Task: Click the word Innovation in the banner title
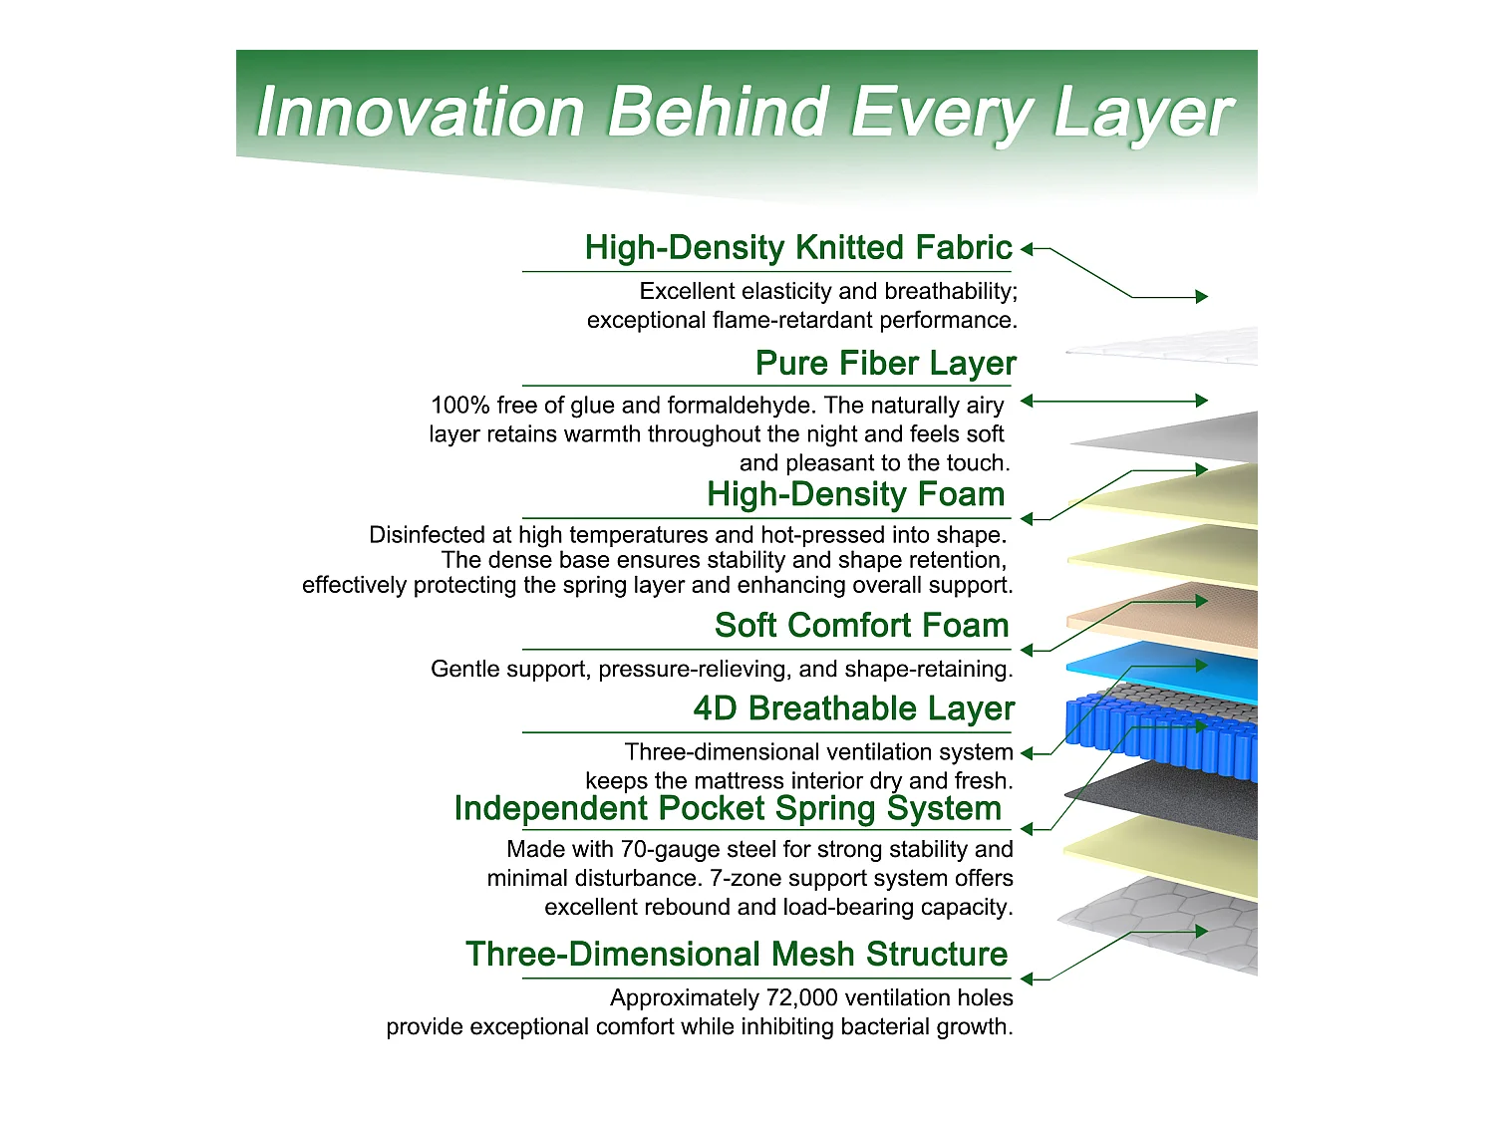click(420, 112)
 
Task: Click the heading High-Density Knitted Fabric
click(798, 247)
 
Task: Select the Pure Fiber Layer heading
click(885, 363)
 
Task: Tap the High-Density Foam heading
click(855, 494)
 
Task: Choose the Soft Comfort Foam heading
click(861, 625)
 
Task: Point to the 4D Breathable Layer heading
click(854, 708)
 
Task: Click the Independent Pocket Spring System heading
click(729, 808)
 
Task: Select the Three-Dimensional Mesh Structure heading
click(737, 954)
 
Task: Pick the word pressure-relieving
click(695, 669)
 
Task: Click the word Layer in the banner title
click(1143, 113)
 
